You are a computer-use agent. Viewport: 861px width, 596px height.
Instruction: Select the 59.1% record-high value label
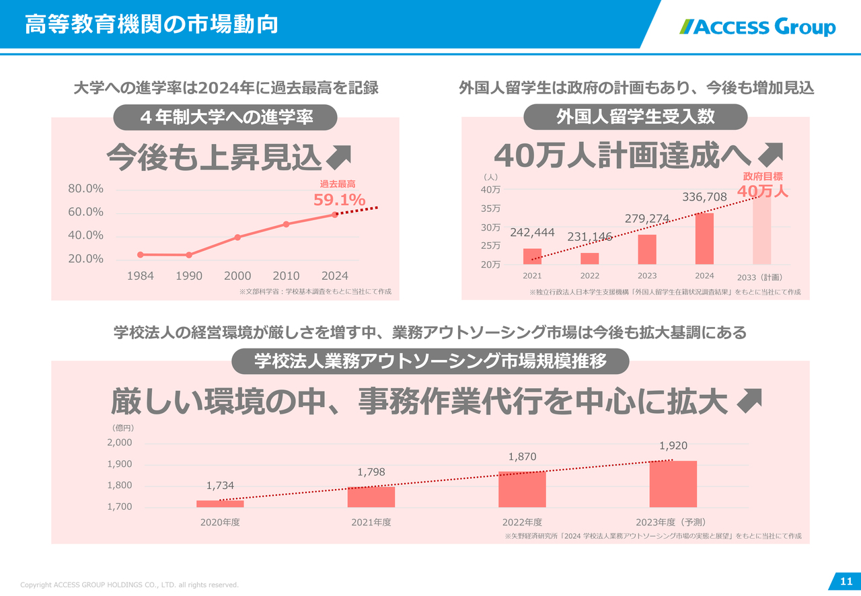[x=339, y=199]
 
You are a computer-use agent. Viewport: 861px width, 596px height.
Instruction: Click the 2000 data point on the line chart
[x=237, y=237]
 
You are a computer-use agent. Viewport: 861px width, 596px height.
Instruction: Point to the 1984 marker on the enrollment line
[x=140, y=254]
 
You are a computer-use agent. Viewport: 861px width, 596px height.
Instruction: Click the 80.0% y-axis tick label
[x=85, y=189]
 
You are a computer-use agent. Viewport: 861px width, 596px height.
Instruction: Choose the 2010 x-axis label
[x=286, y=276]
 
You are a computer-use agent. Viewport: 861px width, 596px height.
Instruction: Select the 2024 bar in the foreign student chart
[x=704, y=239]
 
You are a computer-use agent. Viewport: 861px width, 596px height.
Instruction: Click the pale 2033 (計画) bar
[x=761, y=229]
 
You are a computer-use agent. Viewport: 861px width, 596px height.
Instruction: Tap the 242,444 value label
[x=532, y=233]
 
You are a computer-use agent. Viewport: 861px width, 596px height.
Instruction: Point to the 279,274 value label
[x=646, y=219]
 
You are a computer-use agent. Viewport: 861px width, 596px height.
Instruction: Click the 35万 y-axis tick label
[x=490, y=209]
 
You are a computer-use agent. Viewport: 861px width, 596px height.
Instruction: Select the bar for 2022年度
[x=522, y=489]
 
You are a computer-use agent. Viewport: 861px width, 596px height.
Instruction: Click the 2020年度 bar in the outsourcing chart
[x=220, y=503]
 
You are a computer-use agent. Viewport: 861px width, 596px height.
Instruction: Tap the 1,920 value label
[x=673, y=445]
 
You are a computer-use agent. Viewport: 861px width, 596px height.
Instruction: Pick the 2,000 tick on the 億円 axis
[x=120, y=443]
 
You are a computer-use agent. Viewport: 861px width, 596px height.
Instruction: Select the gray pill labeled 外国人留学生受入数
[x=635, y=117]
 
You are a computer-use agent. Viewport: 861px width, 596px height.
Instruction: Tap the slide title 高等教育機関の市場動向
[x=151, y=25]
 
